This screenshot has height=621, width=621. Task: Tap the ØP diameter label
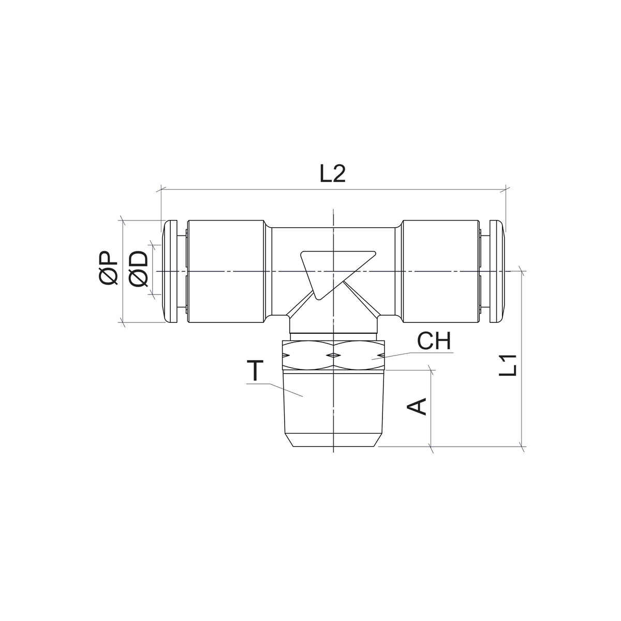[x=108, y=269]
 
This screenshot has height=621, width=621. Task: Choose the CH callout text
[x=434, y=341]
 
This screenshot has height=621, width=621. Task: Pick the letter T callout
[x=255, y=371]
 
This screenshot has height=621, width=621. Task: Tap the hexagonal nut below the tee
[x=333, y=355]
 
